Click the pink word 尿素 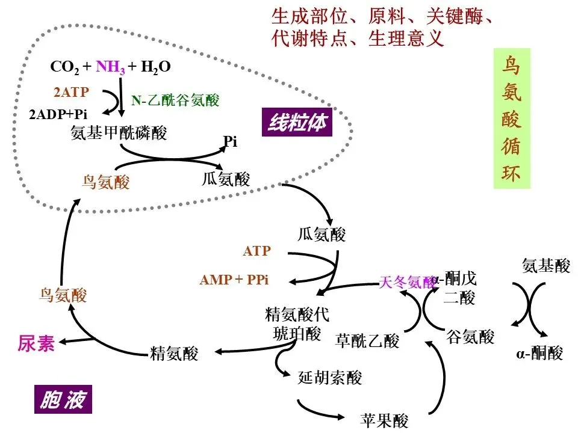[x=36, y=343]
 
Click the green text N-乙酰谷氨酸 [x=175, y=100]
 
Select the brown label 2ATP [x=72, y=93]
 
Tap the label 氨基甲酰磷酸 [x=119, y=134]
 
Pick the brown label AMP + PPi [x=234, y=280]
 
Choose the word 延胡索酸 [x=331, y=378]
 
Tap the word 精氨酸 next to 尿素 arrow [x=174, y=354]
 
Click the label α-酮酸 [x=539, y=353]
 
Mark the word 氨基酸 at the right [x=545, y=265]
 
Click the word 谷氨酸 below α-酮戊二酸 [x=470, y=336]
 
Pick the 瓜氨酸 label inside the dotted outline [x=226, y=179]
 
